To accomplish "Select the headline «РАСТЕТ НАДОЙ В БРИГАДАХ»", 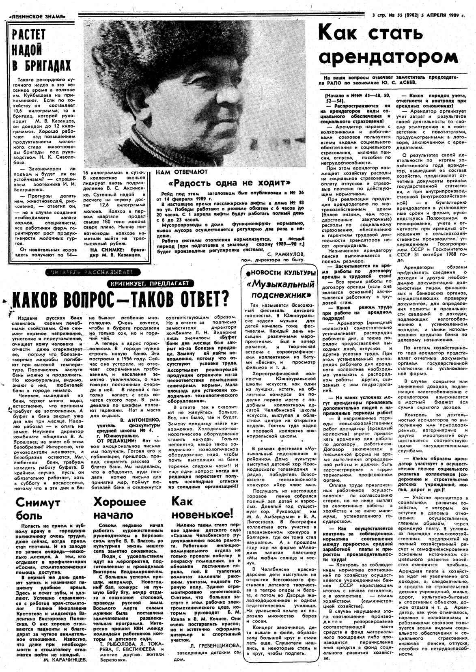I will click(x=41, y=50).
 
